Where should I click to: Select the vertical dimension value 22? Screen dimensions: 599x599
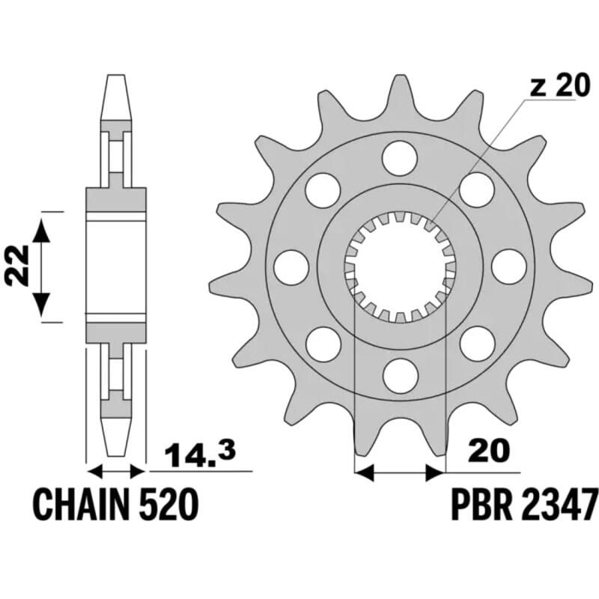point(19,266)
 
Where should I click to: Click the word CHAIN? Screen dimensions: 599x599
point(82,503)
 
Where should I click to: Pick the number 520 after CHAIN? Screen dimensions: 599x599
point(170,503)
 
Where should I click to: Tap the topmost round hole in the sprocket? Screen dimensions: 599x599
point(399,156)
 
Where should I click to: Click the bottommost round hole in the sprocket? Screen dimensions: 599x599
point(399,372)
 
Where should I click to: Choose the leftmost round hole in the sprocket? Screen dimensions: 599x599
point(291,264)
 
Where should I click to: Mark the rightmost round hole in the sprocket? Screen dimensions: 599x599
point(507,264)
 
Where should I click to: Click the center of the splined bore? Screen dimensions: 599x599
point(399,264)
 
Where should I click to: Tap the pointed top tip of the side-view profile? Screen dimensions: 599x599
point(115,77)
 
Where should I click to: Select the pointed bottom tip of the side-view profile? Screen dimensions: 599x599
point(115,454)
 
